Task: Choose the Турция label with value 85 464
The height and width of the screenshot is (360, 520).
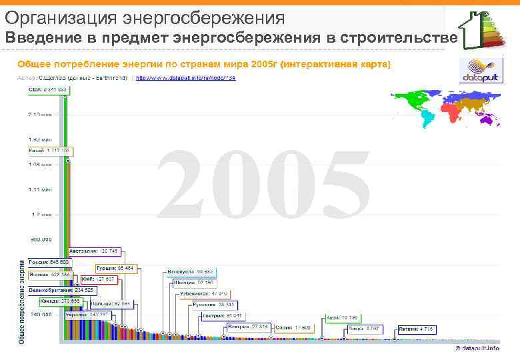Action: coord(119,268)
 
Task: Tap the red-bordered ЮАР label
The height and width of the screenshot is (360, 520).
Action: coord(98,279)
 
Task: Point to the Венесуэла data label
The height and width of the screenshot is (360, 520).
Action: coord(190,272)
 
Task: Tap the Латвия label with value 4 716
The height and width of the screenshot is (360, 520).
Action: coord(417,329)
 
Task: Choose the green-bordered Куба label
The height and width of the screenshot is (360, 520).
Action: coord(342,318)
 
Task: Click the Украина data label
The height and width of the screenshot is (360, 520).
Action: coord(87,315)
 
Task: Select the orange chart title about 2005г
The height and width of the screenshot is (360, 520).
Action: coord(203,64)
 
